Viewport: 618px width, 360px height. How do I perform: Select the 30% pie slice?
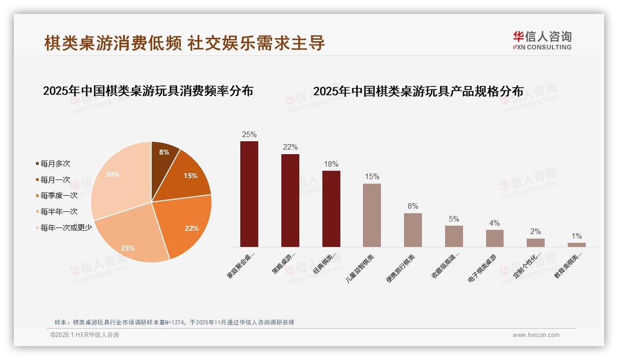tap(119, 175)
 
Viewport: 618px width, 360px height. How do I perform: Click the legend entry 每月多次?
tap(55, 163)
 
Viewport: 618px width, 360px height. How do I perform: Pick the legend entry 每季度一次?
tap(59, 195)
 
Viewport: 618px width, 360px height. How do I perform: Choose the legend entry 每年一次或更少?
tap(66, 227)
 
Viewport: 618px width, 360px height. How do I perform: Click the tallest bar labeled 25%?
tap(249, 194)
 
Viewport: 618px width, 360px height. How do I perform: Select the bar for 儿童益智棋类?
tap(372, 215)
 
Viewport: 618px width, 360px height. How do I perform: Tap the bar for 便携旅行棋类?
tap(413, 230)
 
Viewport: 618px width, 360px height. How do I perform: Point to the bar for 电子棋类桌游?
tap(494, 238)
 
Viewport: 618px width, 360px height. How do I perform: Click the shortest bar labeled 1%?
tap(576, 245)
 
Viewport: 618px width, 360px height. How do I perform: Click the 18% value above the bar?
tap(331, 164)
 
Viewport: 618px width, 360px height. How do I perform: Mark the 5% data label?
tap(454, 219)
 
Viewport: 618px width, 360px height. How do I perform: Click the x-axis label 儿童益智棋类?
tap(361, 268)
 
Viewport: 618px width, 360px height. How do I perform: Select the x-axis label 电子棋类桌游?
tap(483, 268)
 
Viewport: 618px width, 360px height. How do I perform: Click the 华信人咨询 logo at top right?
tap(542, 40)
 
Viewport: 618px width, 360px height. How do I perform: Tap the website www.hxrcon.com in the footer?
tap(536, 335)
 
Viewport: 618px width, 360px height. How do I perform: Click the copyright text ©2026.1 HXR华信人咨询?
tap(84, 335)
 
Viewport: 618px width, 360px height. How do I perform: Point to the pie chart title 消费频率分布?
tap(148, 90)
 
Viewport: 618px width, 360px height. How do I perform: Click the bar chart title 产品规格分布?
tap(418, 91)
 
